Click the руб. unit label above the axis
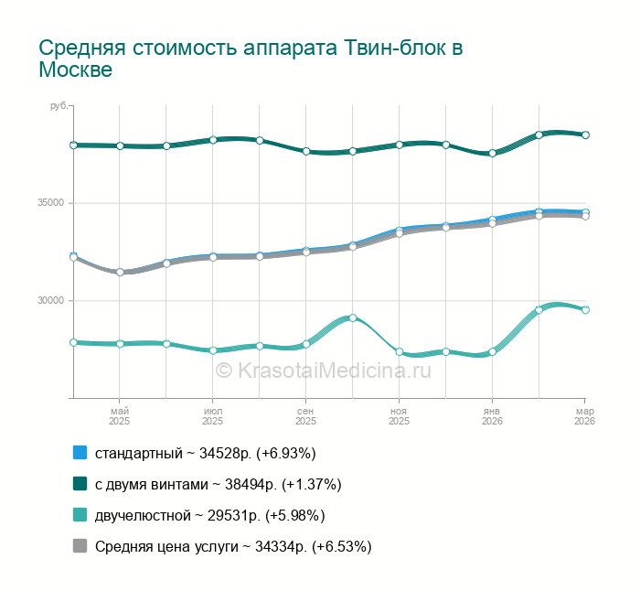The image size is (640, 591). (59, 107)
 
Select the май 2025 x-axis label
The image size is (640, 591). (120, 416)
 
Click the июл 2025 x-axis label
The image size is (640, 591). (212, 416)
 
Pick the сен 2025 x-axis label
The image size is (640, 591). (305, 416)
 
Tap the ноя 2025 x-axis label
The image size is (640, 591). (399, 416)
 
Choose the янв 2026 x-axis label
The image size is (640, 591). (492, 416)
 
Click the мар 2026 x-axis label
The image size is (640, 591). (584, 416)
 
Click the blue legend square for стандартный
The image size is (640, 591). (80, 453)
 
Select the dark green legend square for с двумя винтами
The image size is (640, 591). (80, 484)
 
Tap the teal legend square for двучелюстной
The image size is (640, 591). (80, 515)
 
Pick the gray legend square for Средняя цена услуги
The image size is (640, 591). (80, 546)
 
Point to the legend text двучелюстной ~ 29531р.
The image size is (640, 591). (209, 515)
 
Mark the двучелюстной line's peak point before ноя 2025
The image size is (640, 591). (352, 317)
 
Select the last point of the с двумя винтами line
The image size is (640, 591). (585, 134)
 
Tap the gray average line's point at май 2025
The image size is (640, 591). (120, 272)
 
